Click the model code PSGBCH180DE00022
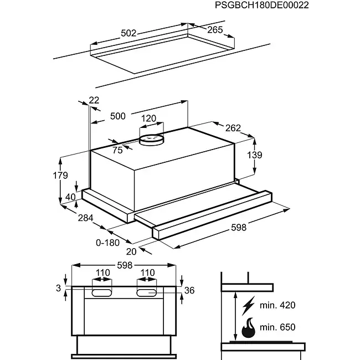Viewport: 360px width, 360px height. tap(262, 5)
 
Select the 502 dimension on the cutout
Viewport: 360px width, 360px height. tap(128, 33)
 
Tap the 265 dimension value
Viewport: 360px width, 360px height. tap(215, 29)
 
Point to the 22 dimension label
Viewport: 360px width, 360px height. tap(94, 100)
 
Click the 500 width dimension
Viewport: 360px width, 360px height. tap(118, 116)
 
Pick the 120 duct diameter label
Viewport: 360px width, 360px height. tap(148, 119)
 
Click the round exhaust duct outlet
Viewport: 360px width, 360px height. tap(151, 140)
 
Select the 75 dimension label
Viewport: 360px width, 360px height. tap(117, 151)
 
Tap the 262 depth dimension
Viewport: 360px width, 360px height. tap(233, 128)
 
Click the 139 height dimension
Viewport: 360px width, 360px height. tap(255, 155)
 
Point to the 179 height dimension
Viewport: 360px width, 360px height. tap(60, 176)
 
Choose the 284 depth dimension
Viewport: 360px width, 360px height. tap(86, 218)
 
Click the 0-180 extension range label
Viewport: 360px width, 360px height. tap(107, 243)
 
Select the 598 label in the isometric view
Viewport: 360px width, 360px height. tap(239, 228)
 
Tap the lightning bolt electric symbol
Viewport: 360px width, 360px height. tap(249, 306)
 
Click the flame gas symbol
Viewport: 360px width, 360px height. tap(249, 328)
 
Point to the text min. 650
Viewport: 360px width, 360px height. tap(277, 327)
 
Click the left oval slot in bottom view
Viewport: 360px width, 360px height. tap(102, 293)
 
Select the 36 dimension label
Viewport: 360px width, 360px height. tap(189, 290)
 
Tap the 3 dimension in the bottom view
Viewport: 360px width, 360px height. tap(59, 288)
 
